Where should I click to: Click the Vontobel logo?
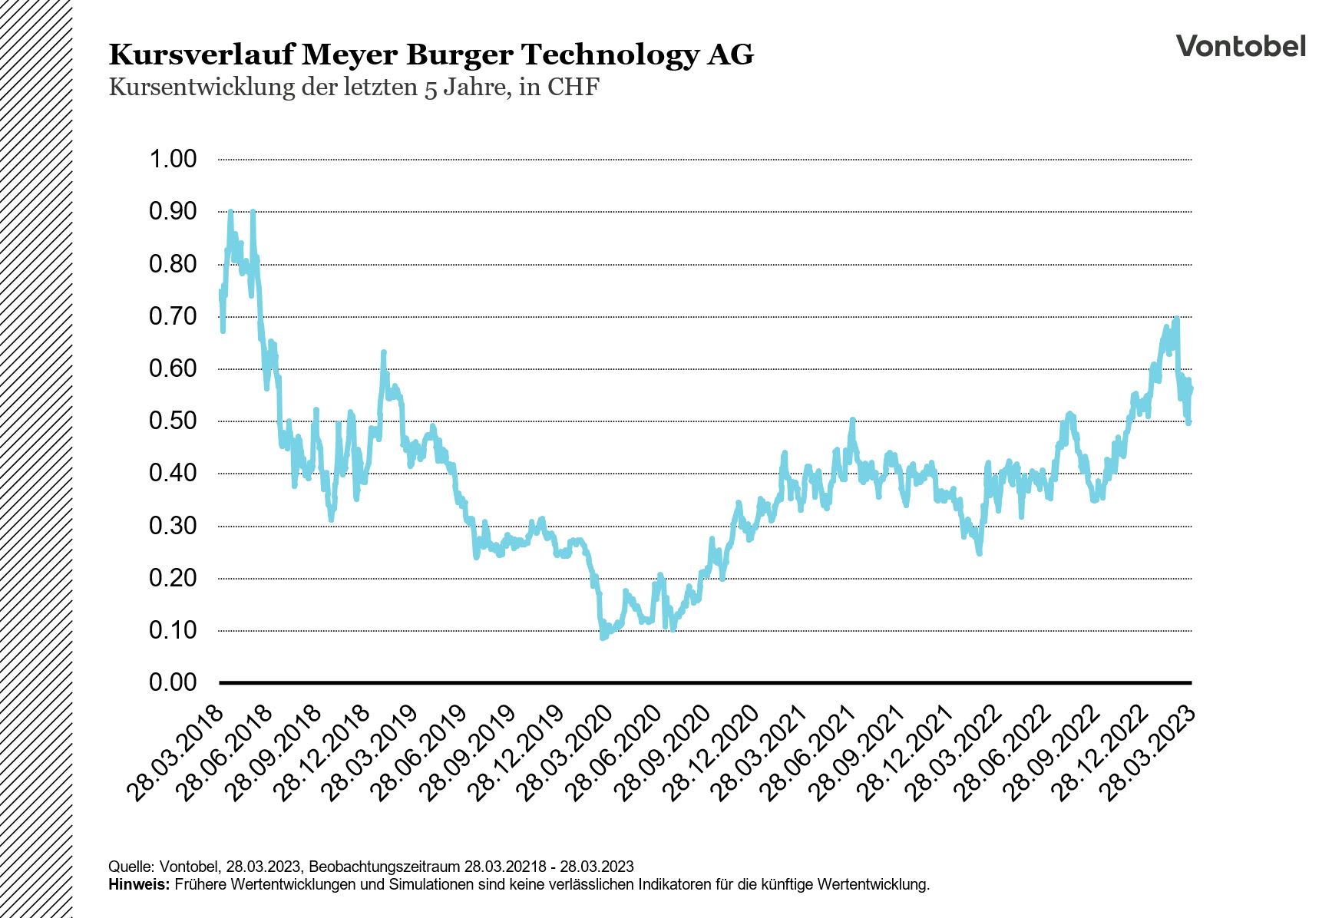point(1240,46)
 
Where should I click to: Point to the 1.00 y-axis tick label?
point(173,160)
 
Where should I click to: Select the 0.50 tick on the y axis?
point(173,421)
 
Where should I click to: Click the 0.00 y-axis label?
point(173,682)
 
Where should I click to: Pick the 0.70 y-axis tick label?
point(173,316)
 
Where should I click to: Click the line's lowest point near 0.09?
point(603,636)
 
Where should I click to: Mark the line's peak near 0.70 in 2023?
point(1175,319)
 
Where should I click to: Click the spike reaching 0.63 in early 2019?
point(383,353)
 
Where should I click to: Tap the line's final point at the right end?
point(1191,389)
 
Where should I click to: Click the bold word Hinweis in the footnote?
point(138,884)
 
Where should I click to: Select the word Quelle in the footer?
point(128,867)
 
